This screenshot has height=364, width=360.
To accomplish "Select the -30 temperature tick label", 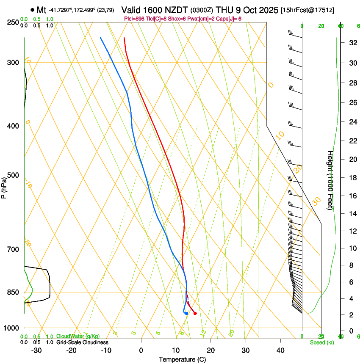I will [36, 350].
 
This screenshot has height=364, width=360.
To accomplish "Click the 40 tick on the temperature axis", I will [280, 350].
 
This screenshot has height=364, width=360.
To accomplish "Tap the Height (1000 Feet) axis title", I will [330, 180].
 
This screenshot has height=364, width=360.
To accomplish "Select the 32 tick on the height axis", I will [352, 43].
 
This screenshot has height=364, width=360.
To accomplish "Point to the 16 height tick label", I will [352, 196].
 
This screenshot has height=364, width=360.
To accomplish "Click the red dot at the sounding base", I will [195, 313].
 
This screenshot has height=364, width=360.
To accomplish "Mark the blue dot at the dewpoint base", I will [186, 313].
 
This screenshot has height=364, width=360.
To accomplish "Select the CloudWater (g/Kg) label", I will [78, 336].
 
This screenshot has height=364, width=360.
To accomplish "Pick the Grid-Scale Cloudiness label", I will [82, 342].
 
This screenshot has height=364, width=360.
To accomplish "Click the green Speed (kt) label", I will [321, 342].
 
